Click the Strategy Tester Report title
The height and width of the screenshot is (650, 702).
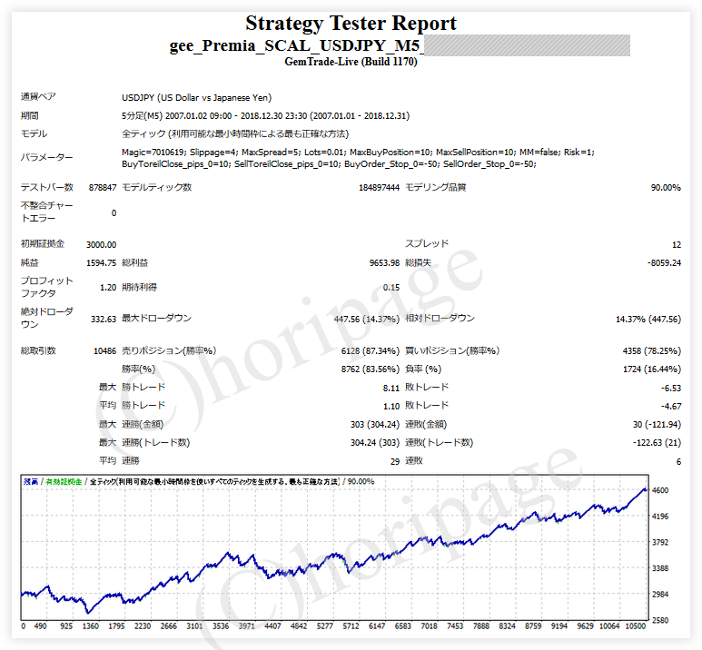(x=351, y=24)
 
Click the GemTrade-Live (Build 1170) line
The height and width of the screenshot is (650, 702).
(x=351, y=62)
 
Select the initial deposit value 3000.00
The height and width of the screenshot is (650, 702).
(x=101, y=244)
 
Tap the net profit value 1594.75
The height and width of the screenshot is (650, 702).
(x=101, y=263)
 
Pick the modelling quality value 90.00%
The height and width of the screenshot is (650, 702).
(x=665, y=188)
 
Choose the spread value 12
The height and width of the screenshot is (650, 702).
(x=676, y=244)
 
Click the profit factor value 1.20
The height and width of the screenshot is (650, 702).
(x=107, y=288)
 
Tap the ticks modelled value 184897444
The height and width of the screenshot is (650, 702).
(x=379, y=188)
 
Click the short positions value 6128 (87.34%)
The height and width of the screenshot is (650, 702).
(x=367, y=351)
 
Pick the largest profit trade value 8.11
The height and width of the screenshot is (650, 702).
(x=391, y=388)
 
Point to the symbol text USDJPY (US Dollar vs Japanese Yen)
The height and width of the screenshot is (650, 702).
(x=197, y=98)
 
